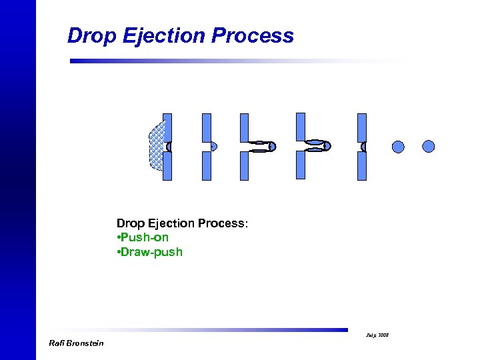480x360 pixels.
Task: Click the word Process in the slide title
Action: [x=252, y=36]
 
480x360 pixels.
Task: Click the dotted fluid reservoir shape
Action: [x=156, y=147]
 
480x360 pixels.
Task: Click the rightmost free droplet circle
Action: [x=429, y=146]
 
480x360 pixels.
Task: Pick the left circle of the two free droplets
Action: [x=398, y=147]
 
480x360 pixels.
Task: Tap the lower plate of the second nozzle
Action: [x=206, y=166]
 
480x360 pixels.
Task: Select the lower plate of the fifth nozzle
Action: [x=362, y=166]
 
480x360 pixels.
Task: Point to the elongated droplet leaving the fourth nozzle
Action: [x=318, y=146]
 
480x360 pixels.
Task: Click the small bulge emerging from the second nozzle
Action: [x=213, y=147]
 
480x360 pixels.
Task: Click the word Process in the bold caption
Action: [x=221, y=223]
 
